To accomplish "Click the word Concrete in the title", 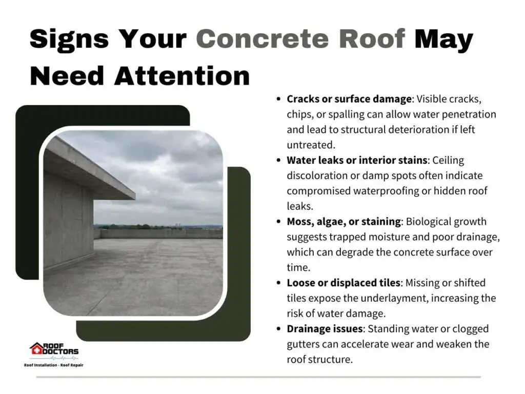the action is pyautogui.click(x=262, y=38).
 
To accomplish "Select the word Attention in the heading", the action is pyautogui.click(x=182, y=76).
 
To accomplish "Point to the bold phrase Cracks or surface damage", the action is pyautogui.click(x=349, y=99).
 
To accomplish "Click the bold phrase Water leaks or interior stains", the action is pyautogui.click(x=357, y=160).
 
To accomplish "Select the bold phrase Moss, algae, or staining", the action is pyautogui.click(x=344, y=222).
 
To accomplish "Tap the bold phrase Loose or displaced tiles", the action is pyautogui.click(x=344, y=283).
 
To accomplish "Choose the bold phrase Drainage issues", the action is pyautogui.click(x=325, y=329).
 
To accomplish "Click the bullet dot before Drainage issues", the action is pyautogui.click(x=278, y=329).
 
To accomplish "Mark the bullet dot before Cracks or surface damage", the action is pyautogui.click(x=278, y=99).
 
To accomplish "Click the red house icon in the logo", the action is pyautogui.click(x=36, y=349).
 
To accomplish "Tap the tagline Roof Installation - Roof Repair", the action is pyautogui.click(x=53, y=365).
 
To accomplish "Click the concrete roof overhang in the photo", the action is pyautogui.click(x=88, y=168).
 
